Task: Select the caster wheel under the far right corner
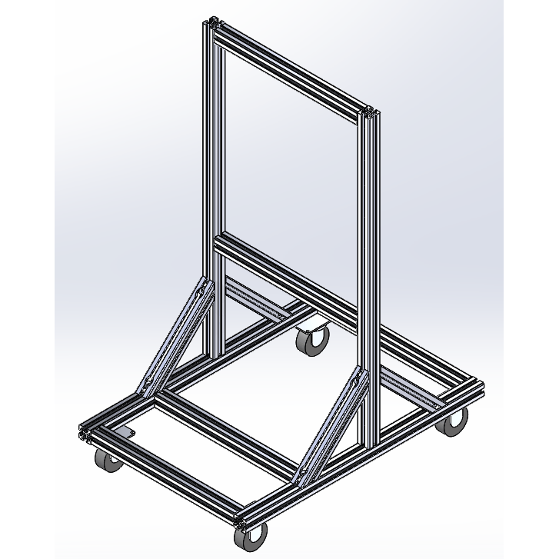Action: click(x=454, y=421)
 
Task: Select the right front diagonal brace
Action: click(x=331, y=427)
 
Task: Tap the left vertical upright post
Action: click(x=212, y=192)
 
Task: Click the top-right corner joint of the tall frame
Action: click(x=371, y=115)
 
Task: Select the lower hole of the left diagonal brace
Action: click(x=148, y=382)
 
